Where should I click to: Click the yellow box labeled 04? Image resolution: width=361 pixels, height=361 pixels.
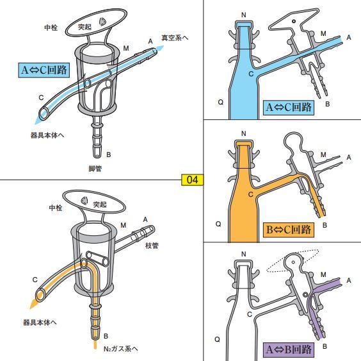pos(191,180)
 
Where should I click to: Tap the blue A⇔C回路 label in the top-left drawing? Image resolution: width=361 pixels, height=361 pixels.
pos(43,69)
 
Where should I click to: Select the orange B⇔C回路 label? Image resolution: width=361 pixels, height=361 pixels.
pos(288,229)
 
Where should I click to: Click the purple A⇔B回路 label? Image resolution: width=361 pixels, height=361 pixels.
pos(289,349)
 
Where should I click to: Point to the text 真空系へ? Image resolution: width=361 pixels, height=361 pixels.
pos(174,38)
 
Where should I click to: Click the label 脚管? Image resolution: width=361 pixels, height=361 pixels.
pos(96,169)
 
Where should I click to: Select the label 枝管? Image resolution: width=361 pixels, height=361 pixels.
pos(152,246)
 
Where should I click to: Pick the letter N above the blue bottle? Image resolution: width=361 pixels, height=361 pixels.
pos(243,14)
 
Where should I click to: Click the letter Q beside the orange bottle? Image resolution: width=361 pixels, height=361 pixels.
pos(218,224)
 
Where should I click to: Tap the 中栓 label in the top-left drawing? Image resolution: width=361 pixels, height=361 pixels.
pos(51,28)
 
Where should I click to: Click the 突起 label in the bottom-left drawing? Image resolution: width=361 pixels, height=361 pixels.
pos(99,204)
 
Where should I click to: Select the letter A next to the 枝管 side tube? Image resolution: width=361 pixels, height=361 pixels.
pos(145,219)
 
